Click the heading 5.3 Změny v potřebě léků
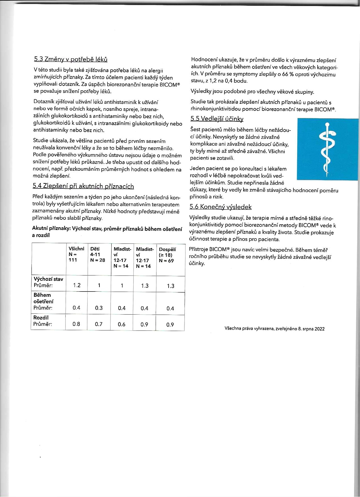[70, 59]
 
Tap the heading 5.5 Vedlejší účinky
[217, 119]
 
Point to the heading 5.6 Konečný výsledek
[220, 207]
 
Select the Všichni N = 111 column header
[76, 254]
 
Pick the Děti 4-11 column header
[97, 254]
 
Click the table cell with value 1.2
[77, 285]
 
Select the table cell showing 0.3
[99, 308]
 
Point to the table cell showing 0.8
[76, 324]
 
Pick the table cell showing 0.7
[99, 324]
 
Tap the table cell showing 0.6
[122, 324]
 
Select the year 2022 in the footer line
[320, 329]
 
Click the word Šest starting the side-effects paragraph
[196, 130]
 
